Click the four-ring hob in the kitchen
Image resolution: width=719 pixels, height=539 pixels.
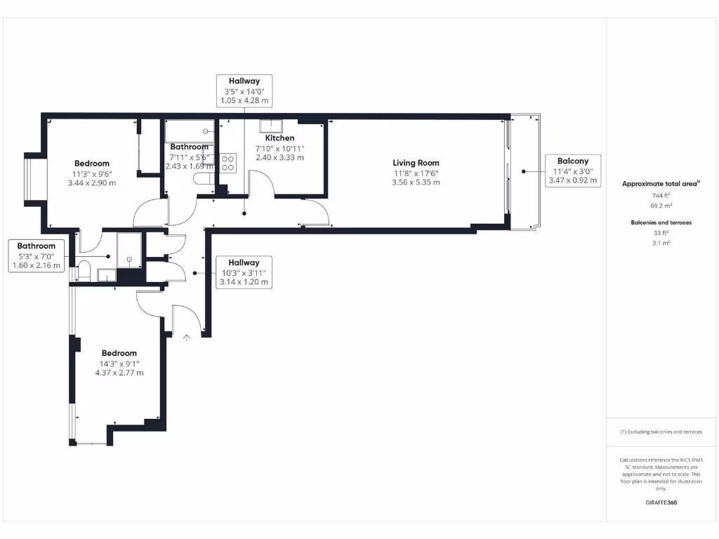[227, 164]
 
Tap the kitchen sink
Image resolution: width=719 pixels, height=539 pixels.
[270, 126]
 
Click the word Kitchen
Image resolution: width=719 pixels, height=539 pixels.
[279, 138]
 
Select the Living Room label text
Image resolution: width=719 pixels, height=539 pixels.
[416, 163]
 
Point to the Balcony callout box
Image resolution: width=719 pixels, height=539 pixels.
[573, 171]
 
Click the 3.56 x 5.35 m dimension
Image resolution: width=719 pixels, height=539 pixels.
[416, 182]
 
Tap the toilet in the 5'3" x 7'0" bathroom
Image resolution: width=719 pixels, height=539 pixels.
[83, 269]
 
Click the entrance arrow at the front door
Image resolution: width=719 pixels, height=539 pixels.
[187, 338]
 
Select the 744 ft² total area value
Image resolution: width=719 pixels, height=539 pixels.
[660, 196]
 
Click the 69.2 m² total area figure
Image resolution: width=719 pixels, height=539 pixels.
[660, 206]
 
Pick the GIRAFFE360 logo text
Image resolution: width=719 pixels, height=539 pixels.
[661, 503]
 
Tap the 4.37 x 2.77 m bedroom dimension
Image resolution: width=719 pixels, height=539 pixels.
[119, 373]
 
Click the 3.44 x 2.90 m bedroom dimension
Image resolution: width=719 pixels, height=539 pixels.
[92, 183]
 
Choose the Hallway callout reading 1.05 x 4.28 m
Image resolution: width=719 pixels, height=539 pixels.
[244, 91]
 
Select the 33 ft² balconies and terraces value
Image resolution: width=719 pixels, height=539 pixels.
[660, 233]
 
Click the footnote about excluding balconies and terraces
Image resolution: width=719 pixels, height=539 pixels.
[661, 432]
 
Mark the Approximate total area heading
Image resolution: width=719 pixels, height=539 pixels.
[660, 184]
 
